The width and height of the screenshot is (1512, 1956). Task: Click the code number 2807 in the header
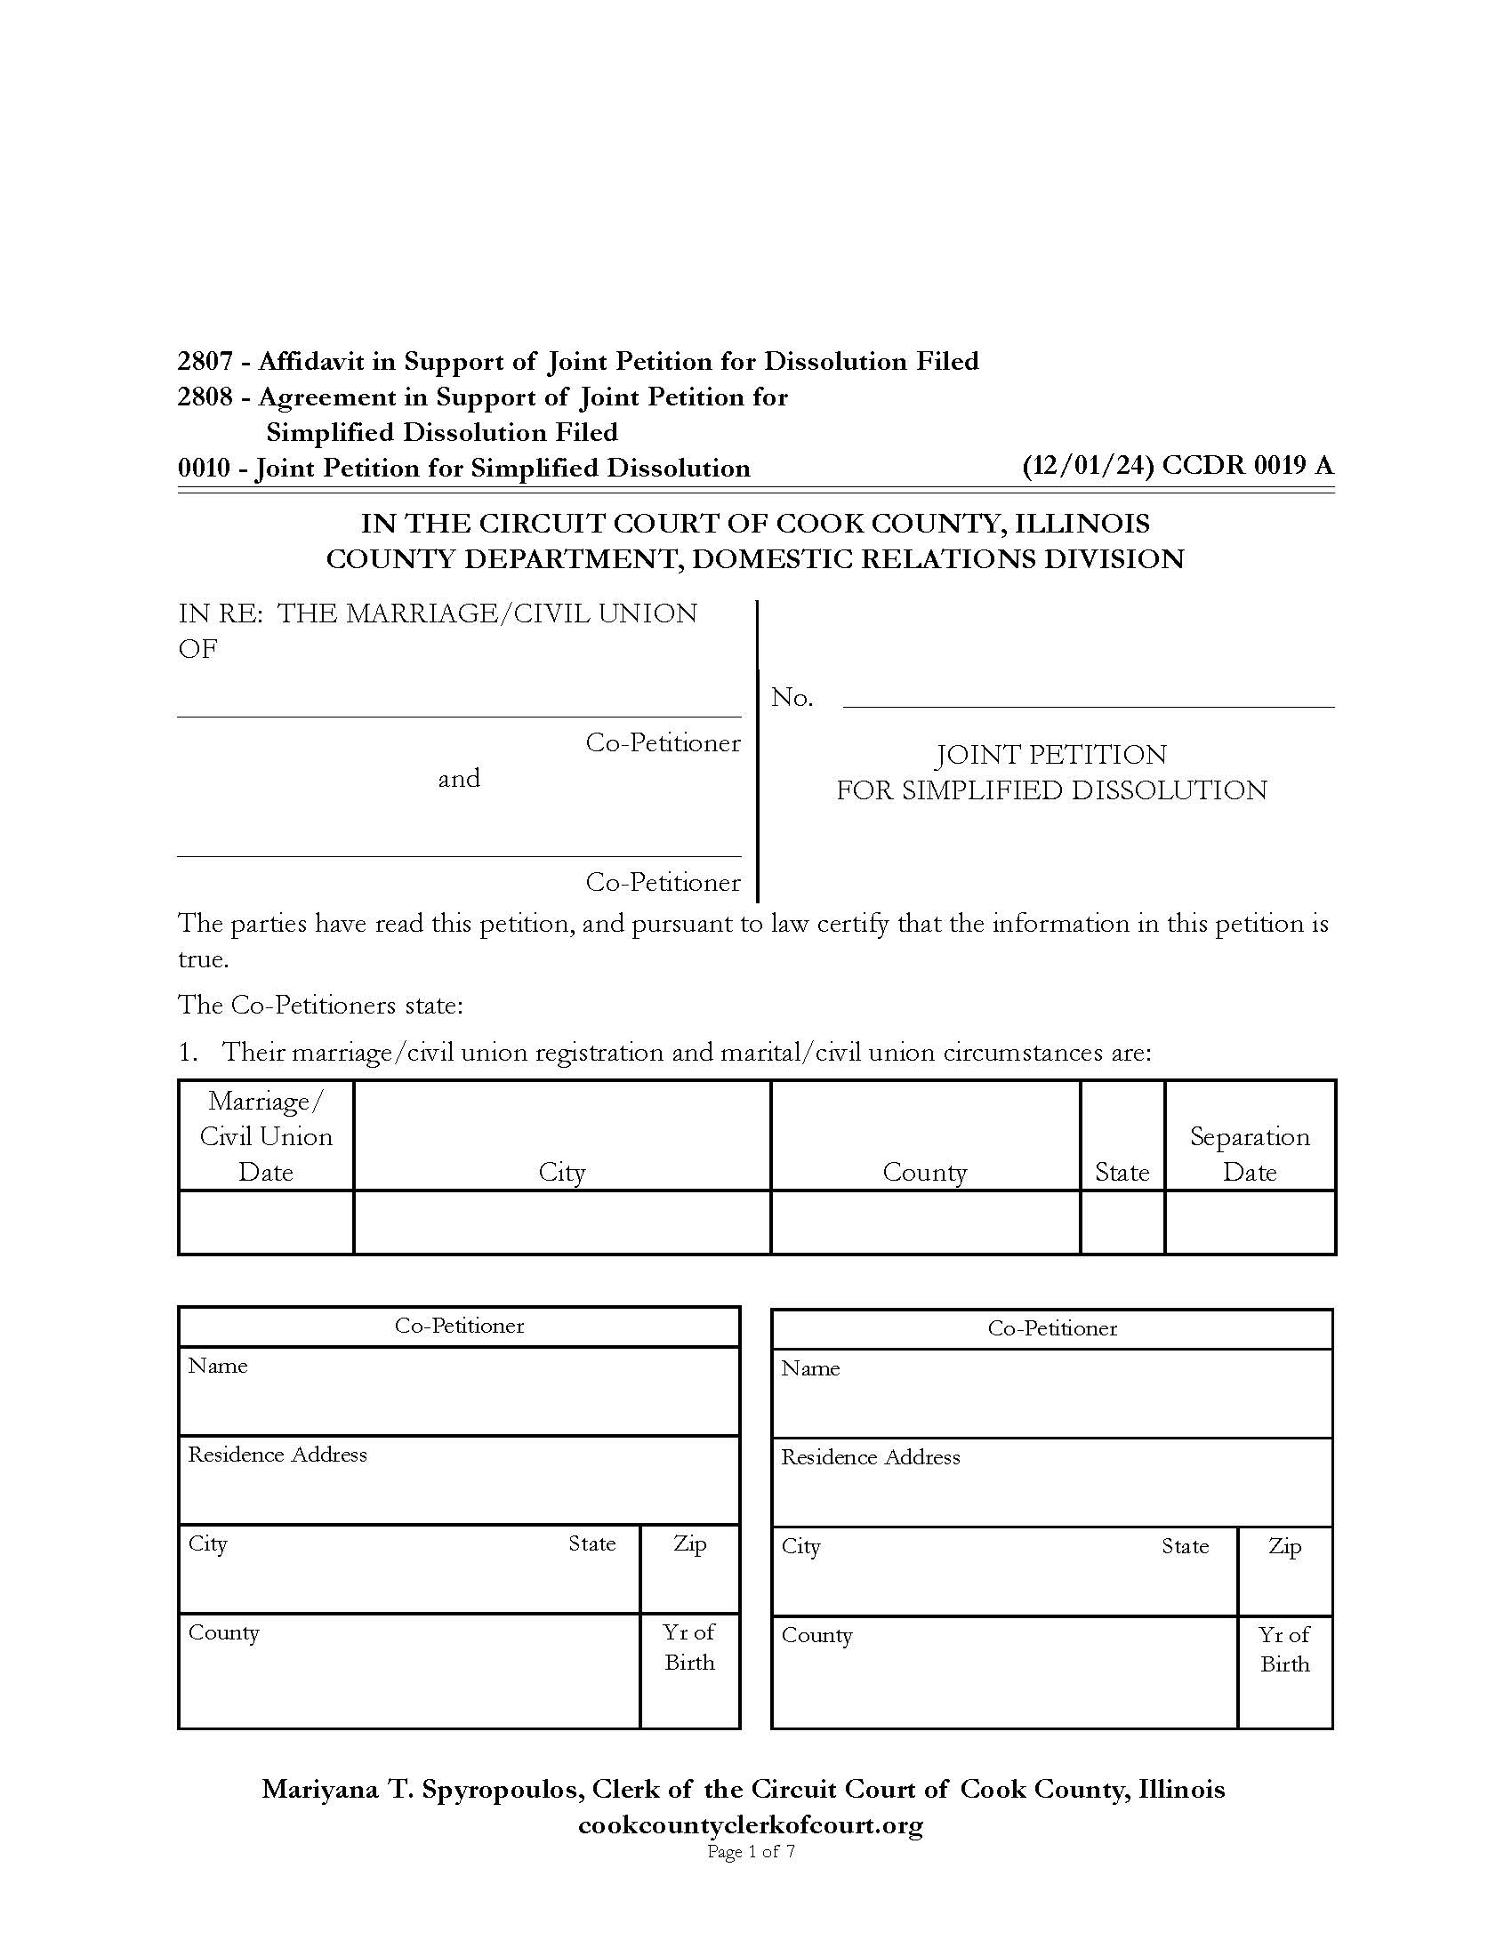click(x=205, y=361)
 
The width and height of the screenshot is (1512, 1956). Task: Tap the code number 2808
click(x=205, y=397)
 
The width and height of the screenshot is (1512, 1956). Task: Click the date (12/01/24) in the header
click(x=1089, y=466)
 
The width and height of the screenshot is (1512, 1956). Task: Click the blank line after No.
click(x=1088, y=698)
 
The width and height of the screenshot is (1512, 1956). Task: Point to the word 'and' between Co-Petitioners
click(x=459, y=778)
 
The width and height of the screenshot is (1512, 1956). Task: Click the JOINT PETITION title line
click(x=1050, y=754)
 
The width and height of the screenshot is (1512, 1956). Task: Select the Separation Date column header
click(x=1250, y=1154)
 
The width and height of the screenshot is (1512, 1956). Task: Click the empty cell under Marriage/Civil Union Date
click(x=266, y=1222)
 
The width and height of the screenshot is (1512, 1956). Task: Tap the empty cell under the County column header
click(x=924, y=1222)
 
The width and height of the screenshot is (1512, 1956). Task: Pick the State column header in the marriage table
click(x=1122, y=1173)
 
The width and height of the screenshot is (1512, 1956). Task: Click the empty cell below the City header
click(x=561, y=1222)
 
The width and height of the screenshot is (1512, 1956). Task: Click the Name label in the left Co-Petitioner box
click(x=218, y=1366)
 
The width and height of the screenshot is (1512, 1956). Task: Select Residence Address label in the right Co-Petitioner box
click(x=870, y=1457)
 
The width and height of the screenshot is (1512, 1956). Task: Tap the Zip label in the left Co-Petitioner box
click(x=689, y=1543)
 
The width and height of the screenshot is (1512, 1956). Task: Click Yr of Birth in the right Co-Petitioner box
click(x=1284, y=1649)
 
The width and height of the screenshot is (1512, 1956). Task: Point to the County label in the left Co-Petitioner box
click(x=224, y=1631)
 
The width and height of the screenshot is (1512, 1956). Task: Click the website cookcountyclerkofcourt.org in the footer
click(x=751, y=1824)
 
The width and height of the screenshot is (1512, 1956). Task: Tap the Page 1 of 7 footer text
click(x=751, y=1851)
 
